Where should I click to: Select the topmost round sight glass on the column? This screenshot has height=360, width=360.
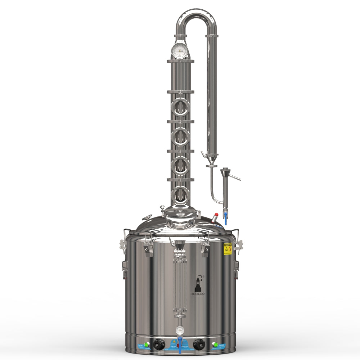coord(180,107)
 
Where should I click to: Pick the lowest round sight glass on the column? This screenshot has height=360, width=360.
coord(180,195)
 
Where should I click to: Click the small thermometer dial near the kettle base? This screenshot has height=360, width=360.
coord(179,330)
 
